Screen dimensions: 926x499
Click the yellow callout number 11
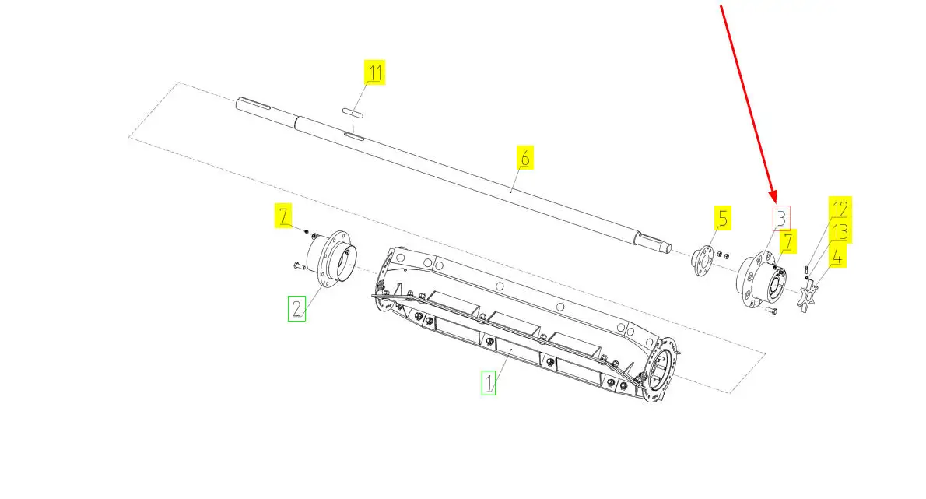[x=374, y=72]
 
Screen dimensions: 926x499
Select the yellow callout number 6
[x=524, y=157]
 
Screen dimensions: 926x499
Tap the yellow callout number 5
[x=722, y=218]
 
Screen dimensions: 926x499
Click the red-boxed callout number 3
[x=781, y=218]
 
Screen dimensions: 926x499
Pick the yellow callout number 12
[x=840, y=208]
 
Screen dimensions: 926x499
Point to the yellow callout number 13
[x=840, y=231]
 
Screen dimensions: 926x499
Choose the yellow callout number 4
[x=837, y=255]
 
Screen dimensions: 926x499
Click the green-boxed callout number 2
[x=296, y=308]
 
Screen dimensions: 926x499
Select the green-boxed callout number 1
[x=489, y=383]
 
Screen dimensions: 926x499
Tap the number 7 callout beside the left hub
[x=283, y=216]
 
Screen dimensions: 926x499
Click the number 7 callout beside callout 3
[x=787, y=241]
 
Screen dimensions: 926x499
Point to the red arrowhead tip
[x=774, y=201]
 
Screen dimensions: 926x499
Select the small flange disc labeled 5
[x=702, y=261]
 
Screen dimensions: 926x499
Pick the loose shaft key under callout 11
[x=353, y=112]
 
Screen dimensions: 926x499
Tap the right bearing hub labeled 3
[x=761, y=280]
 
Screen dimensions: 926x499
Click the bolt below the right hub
[x=771, y=310]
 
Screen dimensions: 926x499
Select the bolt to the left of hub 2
[x=298, y=266]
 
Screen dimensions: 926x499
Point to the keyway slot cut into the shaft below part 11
[x=354, y=138]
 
